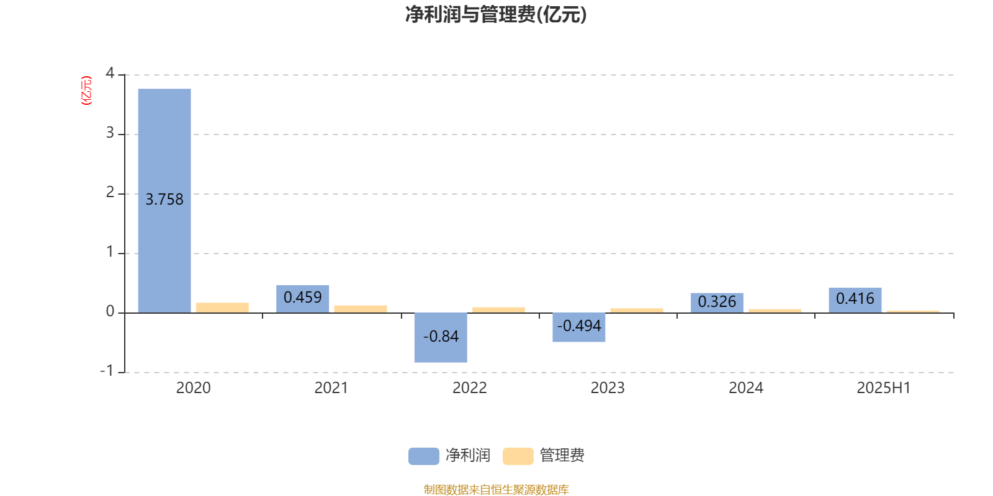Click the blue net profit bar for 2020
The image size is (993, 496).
[164, 201]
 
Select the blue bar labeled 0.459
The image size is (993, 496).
[303, 299]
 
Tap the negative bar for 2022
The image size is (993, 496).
[441, 337]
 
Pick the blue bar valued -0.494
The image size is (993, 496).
[579, 327]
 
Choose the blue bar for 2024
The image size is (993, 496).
[717, 303]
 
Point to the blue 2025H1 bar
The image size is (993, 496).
[855, 300]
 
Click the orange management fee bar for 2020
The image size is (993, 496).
[223, 308]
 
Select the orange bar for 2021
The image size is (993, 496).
[361, 309]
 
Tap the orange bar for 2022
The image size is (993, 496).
[499, 310]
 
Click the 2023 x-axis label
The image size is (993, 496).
[608, 388]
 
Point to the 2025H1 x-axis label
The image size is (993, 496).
[884, 388]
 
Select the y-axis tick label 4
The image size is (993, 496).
[110, 73]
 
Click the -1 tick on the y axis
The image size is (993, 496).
[107, 371]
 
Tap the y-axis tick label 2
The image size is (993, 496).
[110, 192]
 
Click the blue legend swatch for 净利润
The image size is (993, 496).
[424, 456]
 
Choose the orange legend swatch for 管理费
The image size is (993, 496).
[518, 456]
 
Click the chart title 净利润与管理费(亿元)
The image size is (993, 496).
[496, 14]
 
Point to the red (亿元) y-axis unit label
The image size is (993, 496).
[86, 91]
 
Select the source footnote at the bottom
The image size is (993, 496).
[496, 489]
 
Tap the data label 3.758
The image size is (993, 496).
[164, 200]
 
